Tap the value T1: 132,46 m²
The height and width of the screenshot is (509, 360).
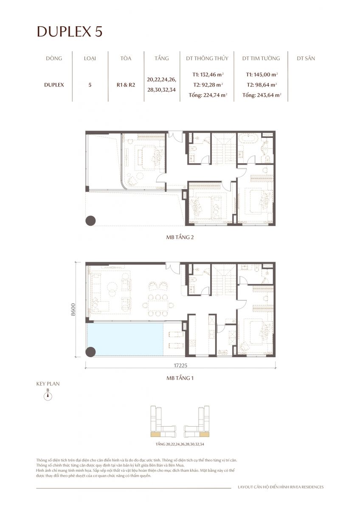pos(208,74)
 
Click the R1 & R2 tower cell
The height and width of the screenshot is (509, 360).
pos(126,84)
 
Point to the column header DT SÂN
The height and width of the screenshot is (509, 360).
pos(306,59)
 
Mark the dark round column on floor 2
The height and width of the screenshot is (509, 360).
pos(91,221)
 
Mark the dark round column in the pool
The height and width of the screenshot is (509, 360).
pos(91,352)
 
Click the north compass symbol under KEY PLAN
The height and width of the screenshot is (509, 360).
pos(48,395)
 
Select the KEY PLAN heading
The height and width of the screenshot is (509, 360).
pos(48,384)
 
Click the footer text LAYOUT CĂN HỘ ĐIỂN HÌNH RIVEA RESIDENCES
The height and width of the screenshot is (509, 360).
pos(281,487)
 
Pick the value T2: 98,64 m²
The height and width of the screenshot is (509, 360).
pos(262,84)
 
